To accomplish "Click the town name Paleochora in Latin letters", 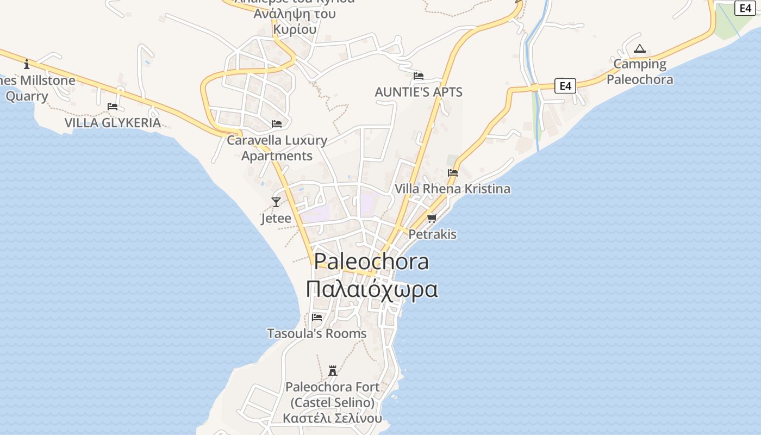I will click(372, 262).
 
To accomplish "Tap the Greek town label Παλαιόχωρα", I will click(372, 289).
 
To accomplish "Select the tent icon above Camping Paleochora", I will click(640, 49).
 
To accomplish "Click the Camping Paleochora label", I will click(640, 72).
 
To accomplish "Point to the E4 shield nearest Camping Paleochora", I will click(565, 86).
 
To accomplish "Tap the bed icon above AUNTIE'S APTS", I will click(419, 76).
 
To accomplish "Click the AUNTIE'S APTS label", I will click(419, 92).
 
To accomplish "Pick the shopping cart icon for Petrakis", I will click(432, 219).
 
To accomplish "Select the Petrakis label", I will click(432, 234).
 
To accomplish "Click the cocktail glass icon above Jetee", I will click(276, 202).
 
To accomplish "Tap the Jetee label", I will click(276, 218).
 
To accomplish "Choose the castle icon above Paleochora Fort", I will click(333, 371).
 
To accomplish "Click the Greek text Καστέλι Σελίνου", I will click(333, 418).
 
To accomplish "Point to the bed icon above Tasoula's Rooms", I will click(317, 318).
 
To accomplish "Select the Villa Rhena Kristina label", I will click(452, 189).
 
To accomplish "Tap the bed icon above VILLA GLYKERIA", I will click(113, 107).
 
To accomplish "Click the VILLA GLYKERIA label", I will click(113, 122).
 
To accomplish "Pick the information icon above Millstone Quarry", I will click(27, 65).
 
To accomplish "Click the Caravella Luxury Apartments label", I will click(277, 148).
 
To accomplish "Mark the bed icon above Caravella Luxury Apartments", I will click(277, 124).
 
